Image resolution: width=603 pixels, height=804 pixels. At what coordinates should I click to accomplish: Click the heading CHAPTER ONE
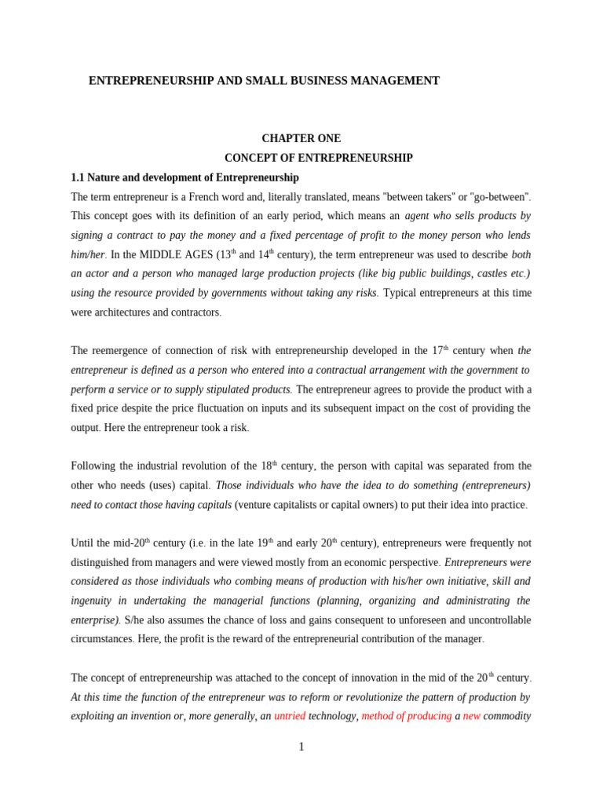(x=301, y=138)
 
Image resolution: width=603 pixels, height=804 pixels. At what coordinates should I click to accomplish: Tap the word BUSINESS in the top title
(x=313, y=81)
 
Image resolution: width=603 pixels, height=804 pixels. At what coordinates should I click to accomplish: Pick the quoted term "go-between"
(x=494, y=196)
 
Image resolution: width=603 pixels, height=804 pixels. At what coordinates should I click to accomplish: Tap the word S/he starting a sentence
(x=134, y=620)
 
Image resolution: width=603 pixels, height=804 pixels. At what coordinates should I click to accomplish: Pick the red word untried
(x=290, y=716)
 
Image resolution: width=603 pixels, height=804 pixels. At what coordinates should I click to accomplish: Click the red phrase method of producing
(x=407, y=716)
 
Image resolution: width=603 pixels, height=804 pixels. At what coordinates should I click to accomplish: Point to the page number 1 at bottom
(x=301, y=747)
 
